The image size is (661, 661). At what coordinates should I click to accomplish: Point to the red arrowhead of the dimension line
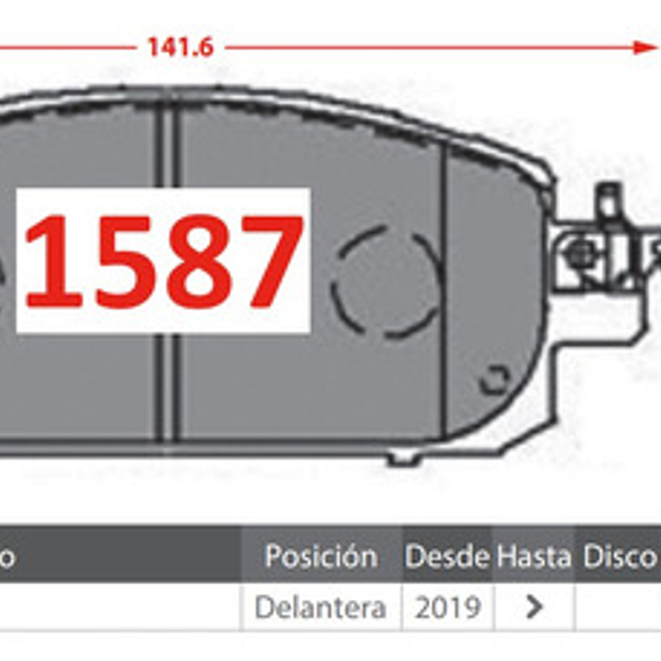[644, 48]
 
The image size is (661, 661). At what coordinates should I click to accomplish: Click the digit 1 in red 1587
[53, 262]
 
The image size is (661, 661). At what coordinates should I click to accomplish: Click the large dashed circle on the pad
[386, 282]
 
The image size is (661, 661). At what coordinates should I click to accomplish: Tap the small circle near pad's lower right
[495, 380]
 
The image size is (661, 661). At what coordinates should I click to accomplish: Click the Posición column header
[321, 557]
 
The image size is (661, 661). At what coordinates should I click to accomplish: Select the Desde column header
[447, 557]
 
